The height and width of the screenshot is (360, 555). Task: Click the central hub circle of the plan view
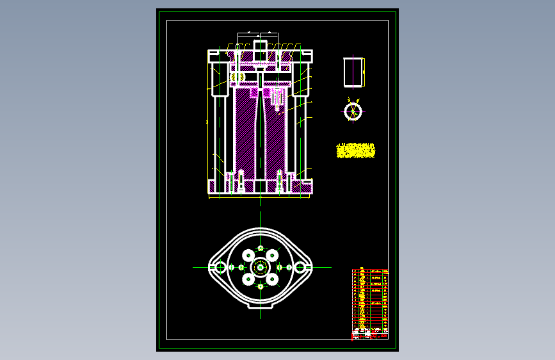click(261, 266)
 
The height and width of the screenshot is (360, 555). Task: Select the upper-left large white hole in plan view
click(248, 254)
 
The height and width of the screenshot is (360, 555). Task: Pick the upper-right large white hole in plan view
click(273, 254)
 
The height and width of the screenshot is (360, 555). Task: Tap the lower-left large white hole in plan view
click(248, 279)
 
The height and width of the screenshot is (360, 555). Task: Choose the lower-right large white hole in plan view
click(273, 279)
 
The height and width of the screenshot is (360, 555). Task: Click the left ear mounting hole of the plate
click(220, 266)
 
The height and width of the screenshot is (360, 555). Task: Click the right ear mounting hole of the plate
click(300, 266)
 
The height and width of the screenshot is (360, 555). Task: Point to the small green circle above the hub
click(261, 248)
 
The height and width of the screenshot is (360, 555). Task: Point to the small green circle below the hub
click(261, 286)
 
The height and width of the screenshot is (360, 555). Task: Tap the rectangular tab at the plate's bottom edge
click(261, 307)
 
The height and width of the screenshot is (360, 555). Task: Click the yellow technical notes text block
click(355, 151)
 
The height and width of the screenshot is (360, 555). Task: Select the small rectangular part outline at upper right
click(353, 72)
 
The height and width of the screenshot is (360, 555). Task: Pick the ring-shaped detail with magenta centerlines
click(352, 111)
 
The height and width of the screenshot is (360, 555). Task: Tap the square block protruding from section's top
click(261, 47)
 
